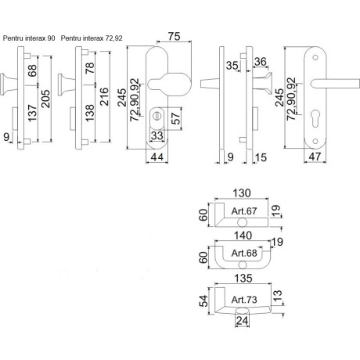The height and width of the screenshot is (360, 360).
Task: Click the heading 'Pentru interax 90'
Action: point(29,38)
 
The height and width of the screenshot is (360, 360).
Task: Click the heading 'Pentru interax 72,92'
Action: point(92,38)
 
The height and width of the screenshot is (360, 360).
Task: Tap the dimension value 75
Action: point(174,36)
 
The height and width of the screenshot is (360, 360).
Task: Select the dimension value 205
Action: point(46,99)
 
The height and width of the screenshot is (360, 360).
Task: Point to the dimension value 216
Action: point(104,96)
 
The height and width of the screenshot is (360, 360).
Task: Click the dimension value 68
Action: point(32,71)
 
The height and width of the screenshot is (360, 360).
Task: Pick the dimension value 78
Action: point(90,68)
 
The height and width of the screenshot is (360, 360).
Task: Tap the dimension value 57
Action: point(177,119)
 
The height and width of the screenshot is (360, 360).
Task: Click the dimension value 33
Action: point(157,135)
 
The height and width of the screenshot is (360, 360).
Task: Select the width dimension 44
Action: point(157,157)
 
